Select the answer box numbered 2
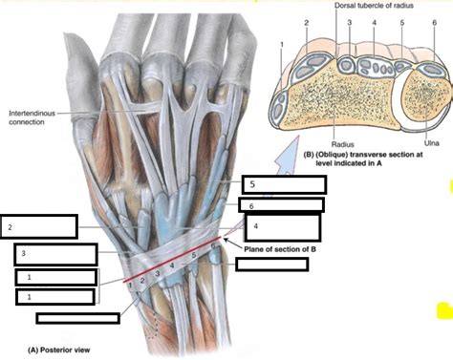tap(39, 226)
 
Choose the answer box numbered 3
tap(55, 254)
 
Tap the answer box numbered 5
tap(275, 184)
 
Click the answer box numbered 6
tap(280, 204)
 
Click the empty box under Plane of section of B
tap(270, 265)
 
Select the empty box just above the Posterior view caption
tap(77, 318)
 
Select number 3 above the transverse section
tap(350, 22)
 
